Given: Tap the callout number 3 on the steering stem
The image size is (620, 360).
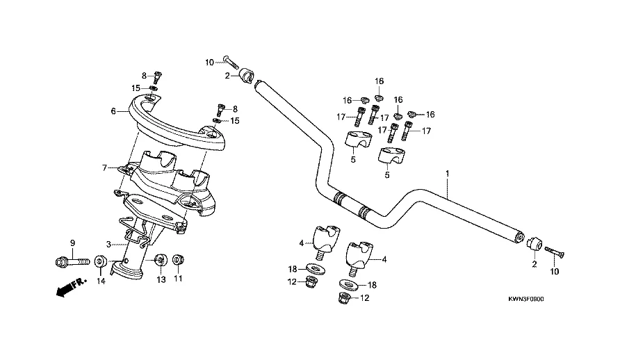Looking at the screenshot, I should tap(108, 245).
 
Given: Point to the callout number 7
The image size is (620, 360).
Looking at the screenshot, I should tap(105, 167).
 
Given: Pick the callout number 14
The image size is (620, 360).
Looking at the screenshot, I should tap(100, 281).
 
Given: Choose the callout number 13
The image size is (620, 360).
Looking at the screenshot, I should tap(161, 279).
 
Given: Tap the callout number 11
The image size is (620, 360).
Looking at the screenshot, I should tap(178, 279).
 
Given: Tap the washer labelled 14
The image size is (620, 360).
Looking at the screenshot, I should tap(100, 261).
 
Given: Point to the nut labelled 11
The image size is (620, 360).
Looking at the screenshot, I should tap(177, 260).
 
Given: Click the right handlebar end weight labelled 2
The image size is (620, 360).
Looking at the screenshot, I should tap(534, 244).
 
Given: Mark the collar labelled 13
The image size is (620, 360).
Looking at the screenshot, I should tap(159, 260).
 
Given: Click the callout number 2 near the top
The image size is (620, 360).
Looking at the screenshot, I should tap(227, 75).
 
